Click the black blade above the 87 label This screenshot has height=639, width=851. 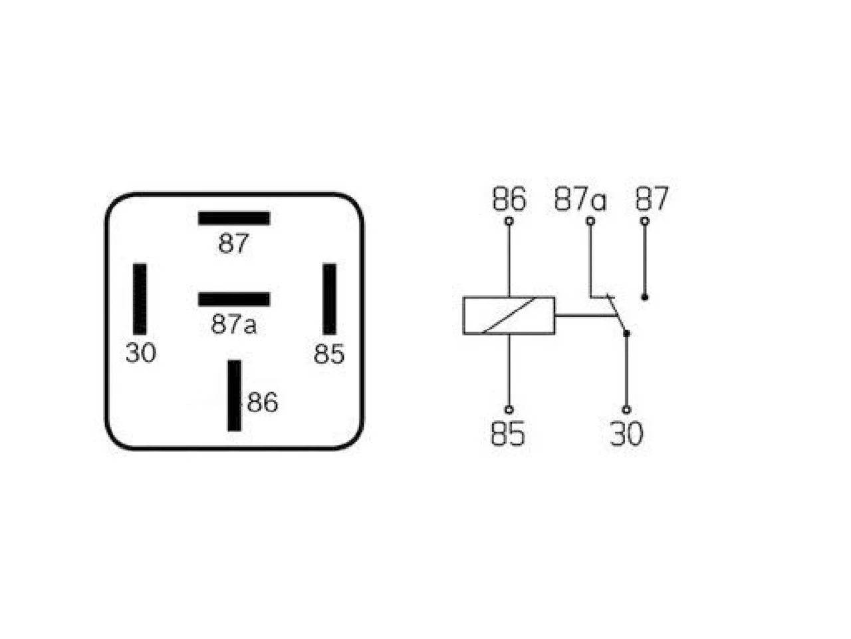coord(234,218)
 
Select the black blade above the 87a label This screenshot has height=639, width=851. coord(234,299)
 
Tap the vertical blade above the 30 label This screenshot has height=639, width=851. coord(140,299)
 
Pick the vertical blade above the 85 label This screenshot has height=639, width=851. coord(329,299)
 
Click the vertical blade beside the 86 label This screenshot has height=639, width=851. coord(234,395)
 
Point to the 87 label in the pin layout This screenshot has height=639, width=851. coord(233,243)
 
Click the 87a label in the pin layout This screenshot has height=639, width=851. coord(233,324)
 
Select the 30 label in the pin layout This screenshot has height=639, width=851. coord(141,353)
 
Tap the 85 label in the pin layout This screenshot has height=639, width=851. coord(329,354)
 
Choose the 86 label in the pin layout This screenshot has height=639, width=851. coord(263,402)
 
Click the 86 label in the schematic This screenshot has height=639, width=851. coord(509,198)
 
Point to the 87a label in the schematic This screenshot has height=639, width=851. coord(580,198)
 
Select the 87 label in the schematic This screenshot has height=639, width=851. coord(652,198)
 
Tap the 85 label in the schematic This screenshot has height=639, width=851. coord(508,434)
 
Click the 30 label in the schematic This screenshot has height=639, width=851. coord(626,434)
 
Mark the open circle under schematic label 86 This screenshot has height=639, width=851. coord(509,221)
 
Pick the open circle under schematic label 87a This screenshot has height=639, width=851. coord(590,221)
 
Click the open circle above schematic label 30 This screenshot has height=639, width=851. coord(626,410)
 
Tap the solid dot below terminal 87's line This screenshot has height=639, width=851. coord(645,297)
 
